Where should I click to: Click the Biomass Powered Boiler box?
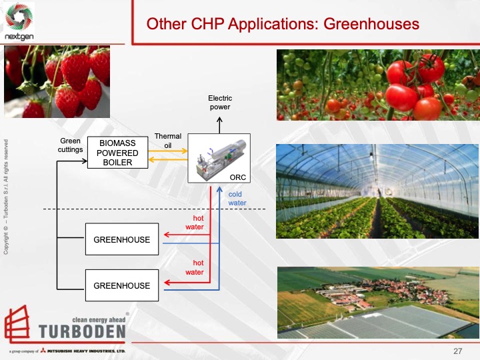point(119,153)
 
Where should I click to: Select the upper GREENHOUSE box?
point(122,240)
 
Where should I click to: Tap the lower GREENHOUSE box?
point(122,286)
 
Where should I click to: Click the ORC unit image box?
point(219,159)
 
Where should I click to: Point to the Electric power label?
point(220,103)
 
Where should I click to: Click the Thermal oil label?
point(168,141)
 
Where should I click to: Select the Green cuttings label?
point(71,145)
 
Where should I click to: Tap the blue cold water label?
point(237,199)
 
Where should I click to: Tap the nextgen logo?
point(20,23)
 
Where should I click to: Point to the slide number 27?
point(457,351)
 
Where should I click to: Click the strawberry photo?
point(57,82)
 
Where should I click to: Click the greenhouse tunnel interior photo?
point(377,191)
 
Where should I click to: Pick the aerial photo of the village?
point(377,302)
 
